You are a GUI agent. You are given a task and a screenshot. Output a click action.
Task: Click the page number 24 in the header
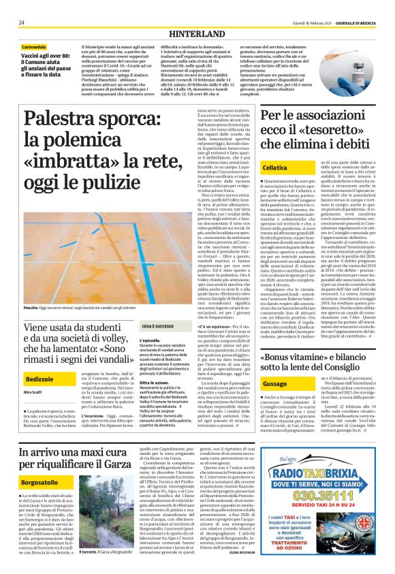tap(22, 23)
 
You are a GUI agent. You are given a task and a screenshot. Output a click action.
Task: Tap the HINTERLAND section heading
tap(197, 33)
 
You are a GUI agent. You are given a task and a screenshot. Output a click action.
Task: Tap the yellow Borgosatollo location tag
tap(45, 479)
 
